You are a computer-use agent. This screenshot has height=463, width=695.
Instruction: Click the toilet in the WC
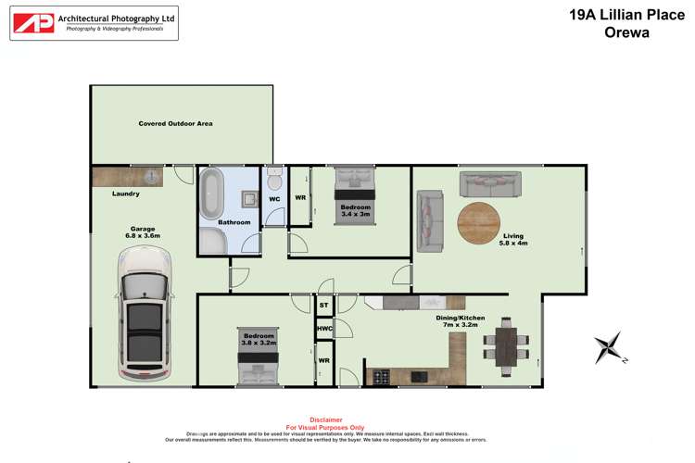coord(274,179)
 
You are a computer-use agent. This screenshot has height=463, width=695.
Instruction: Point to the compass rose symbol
coord(610,348)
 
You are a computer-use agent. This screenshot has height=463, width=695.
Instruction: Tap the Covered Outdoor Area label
coord(176,123)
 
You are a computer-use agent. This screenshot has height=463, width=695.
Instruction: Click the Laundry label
coord(125,194)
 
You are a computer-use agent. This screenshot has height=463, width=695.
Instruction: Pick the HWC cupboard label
coord(324,328)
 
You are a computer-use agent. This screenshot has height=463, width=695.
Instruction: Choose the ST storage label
coord(324,305)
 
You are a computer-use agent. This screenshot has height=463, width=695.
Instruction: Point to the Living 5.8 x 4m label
coord(512,240)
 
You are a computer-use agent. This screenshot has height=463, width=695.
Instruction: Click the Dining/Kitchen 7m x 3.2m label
coord(461,321)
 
